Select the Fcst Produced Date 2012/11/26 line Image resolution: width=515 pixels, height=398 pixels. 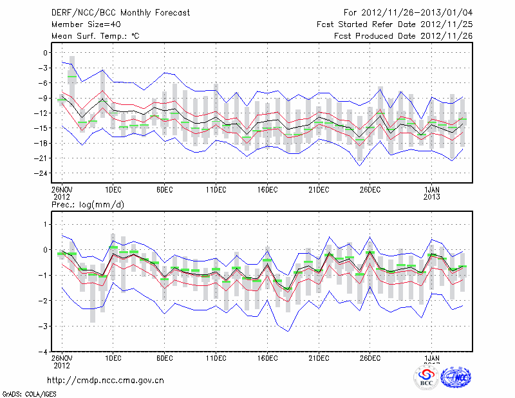(404, 36)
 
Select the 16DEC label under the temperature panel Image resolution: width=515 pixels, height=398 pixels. (267, 190)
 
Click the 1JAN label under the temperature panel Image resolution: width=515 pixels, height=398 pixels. (432, 190)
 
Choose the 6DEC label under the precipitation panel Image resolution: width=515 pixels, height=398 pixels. (164, 358)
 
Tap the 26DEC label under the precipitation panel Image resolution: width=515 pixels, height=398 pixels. (370, 358)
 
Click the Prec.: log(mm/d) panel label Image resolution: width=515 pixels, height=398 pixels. (86, 205)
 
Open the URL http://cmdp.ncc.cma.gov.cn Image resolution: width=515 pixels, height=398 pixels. (106, 380)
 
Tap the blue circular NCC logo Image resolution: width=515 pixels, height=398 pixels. (456, 378)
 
